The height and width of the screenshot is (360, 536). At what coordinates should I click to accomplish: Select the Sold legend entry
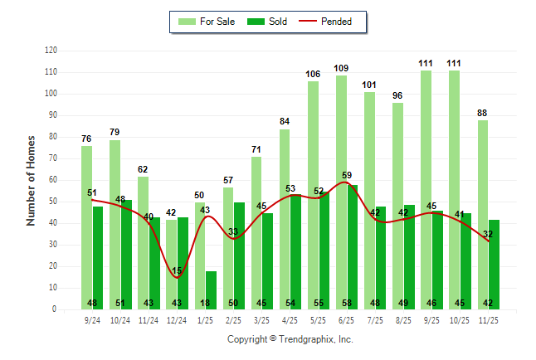(269, 22)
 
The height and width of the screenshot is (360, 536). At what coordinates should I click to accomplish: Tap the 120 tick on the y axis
(51, 51)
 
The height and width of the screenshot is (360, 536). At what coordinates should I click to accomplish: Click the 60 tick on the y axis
(53, 180)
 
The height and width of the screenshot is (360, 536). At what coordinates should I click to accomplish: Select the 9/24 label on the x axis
(92, 319)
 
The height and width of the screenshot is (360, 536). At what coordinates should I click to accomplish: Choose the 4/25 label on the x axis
(290, 319)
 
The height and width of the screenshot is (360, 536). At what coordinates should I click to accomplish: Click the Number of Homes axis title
(31, 180)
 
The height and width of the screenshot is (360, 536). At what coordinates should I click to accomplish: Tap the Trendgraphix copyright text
(290, 339)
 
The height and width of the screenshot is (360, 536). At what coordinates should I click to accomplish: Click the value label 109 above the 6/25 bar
(341, 68)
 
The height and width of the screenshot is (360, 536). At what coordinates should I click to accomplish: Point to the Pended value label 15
(178, 271)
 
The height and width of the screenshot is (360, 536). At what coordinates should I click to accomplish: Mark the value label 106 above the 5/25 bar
(313, 75)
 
